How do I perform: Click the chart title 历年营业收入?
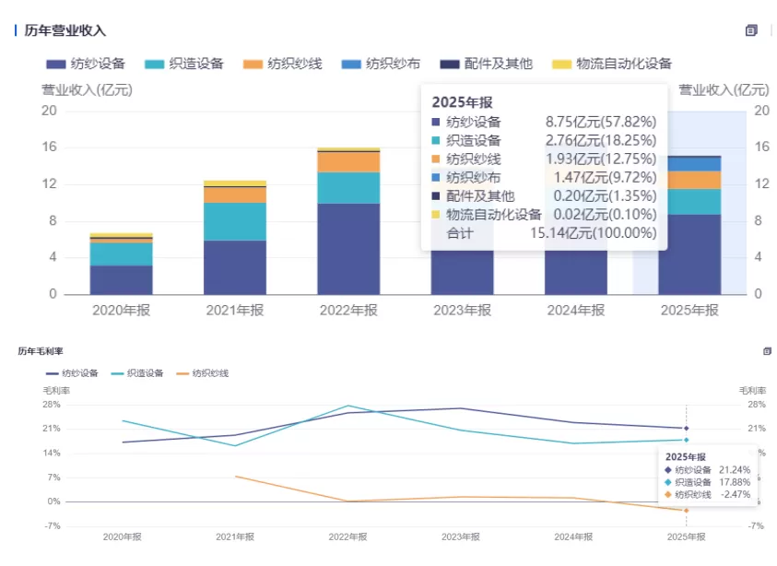coord(65,30)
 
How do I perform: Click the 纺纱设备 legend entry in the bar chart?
coord(86,64)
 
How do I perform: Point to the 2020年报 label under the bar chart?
coord(121,311)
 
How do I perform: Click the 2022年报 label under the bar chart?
coord(348,311)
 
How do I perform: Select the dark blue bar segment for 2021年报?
coord(235,266)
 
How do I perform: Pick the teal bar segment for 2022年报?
coord(348,187)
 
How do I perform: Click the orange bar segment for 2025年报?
coord(689,180)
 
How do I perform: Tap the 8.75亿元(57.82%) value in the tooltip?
coord(601,122)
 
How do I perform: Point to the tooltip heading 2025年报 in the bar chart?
coord(462,102)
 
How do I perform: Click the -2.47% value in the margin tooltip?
coord(734,495)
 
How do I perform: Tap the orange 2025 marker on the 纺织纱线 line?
coord(686,510)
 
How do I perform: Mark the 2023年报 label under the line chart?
coord(460,537)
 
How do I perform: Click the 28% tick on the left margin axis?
coord(51,405)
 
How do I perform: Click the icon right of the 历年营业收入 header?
coord(751,30)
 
